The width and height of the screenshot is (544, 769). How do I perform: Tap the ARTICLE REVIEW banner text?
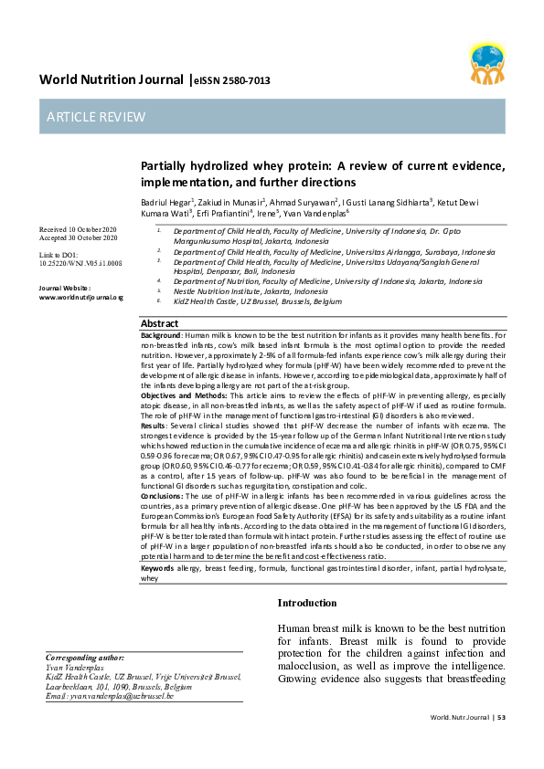click(x=91, y=117)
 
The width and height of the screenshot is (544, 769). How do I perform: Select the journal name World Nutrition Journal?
click(x=111, y=79)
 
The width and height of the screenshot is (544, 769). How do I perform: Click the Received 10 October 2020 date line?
click(x=79, y=228)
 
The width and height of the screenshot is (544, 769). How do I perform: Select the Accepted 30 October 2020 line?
click(x=79, y=237)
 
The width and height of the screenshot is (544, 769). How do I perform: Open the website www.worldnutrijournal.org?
click(x=80, y=297)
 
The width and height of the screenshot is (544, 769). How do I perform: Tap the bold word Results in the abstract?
click(x=155, y=425)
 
